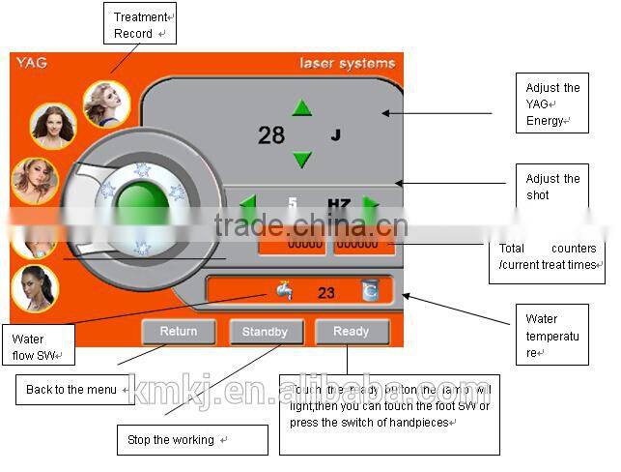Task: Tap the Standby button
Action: coord(265,332)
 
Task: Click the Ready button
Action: coord(352,332)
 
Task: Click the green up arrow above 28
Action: coord(302,107)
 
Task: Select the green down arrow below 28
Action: coord(302,160)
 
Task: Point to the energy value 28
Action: coord(271,135)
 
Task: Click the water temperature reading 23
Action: coord(325,292)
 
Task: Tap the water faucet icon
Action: coord(283,290)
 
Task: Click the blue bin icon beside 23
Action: coord(370,290)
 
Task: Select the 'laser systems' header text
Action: coord(347,64)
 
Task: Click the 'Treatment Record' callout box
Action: coord(140,25)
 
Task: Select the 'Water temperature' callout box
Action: coord(551,334)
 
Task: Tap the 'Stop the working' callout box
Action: coord(191,440)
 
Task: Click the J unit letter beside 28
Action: coord(335,135)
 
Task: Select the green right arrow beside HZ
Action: coord(370,205)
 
